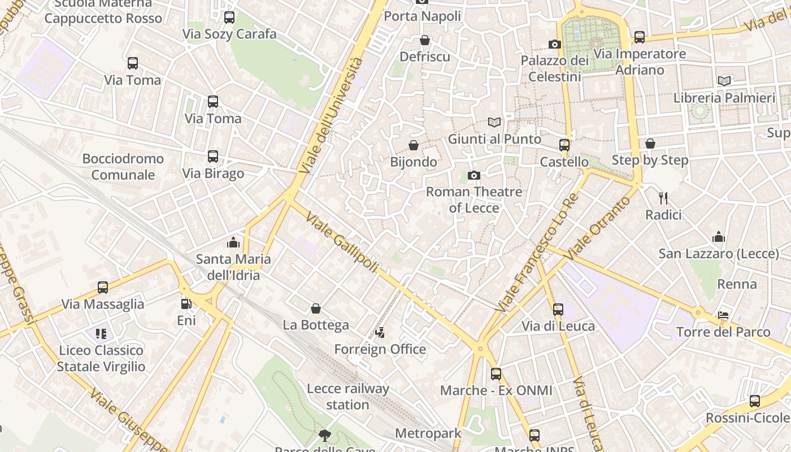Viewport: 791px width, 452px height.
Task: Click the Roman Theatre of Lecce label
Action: click(x=473, y=200)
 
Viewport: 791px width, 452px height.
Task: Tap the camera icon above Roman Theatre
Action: click(x=474, y=176)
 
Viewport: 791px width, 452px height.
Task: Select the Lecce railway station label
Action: click(x=348, y=397)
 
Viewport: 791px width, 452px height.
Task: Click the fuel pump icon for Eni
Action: click(x=186, y=304)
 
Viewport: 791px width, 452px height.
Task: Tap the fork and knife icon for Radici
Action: click(x=663, y=198)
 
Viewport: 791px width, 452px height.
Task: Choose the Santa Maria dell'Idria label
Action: click(x=233, y=267)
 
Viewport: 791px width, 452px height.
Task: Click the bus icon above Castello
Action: click(x=564, y=145)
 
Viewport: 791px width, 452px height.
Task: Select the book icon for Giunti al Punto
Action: click(x=494, y=122)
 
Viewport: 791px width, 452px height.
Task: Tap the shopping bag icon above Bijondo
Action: click(x=414, y=145)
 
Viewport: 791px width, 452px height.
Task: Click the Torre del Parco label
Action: click(x=723, y=332)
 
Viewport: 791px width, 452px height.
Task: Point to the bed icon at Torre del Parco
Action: click(x=723, y=315)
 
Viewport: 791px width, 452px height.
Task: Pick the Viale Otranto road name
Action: click(x=598, y=228)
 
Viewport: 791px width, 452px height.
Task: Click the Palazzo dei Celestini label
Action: click(x=554, y=68)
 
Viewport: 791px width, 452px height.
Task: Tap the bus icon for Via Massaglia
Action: click(x=103, y=288)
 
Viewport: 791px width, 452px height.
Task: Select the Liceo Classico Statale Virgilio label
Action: click(x=101, y=358)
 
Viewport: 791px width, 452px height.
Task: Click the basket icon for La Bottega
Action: click(x=316, y=308)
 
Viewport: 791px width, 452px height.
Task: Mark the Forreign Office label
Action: click(x=380, y=349)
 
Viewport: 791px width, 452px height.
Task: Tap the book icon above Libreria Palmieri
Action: click(x=724, y=81)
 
